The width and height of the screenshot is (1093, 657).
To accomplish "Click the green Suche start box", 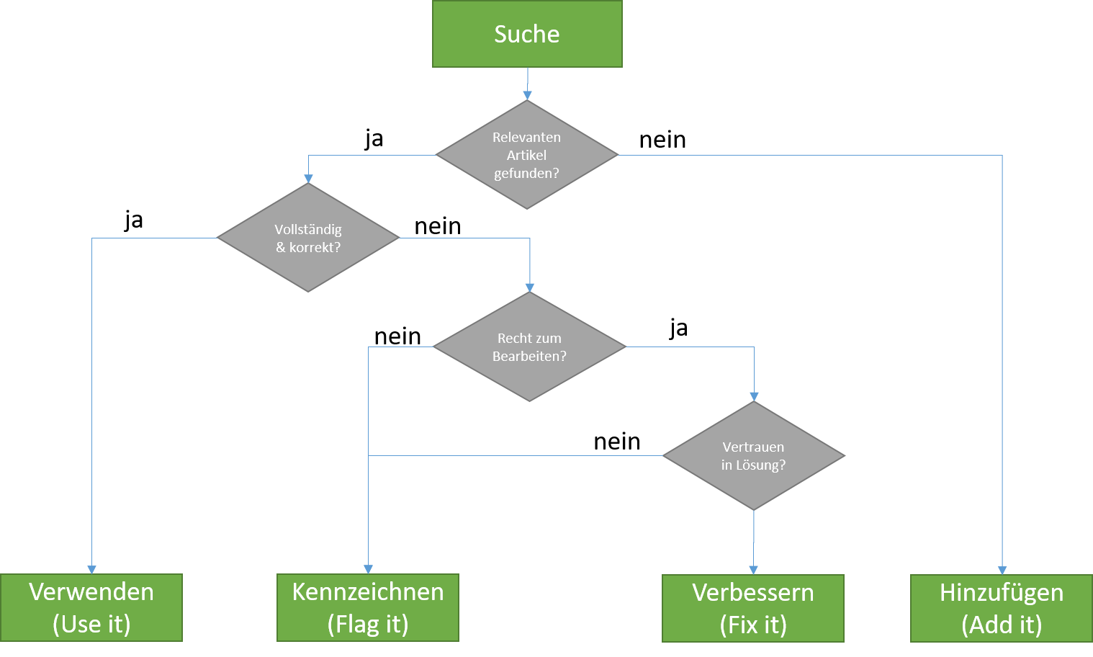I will pyautogui.click(x=527, y=34).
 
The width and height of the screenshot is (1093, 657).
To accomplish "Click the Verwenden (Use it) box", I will pyautogui.click(x=91, y=607).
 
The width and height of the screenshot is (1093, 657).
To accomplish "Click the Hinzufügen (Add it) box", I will pyautogui.click(x=1002, y=608).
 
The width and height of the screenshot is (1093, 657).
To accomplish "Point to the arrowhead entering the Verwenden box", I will pyautogui.click(x=91, y=569).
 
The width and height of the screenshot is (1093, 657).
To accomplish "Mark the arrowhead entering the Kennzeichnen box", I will pyautogui.click(x=368, y=569).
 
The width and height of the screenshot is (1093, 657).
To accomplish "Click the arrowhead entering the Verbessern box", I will pyautogui.click(x=753, y=570).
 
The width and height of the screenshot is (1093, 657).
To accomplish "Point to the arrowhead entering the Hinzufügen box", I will pyautogui.click(x=1002, y=570).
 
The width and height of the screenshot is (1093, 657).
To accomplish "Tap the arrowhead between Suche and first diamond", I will pyautogui.click(x=527, y=95).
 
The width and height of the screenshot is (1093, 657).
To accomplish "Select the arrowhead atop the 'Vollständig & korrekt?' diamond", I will pyautogui.click(x=308, y=178).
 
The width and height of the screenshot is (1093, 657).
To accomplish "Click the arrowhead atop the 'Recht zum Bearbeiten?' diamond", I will pyautogui.click(x=530, y=287).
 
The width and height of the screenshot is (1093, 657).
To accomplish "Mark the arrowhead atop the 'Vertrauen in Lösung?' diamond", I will pyautogui.click(x=754, y=396).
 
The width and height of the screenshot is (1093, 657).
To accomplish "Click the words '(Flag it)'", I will pyautogui.click(x=368, y=624).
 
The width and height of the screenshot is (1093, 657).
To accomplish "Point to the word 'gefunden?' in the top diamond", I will pyautogui.click(x=526, y=173).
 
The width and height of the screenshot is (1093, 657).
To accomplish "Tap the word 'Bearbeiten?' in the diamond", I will pyautogui.click(x=529, y=356).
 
